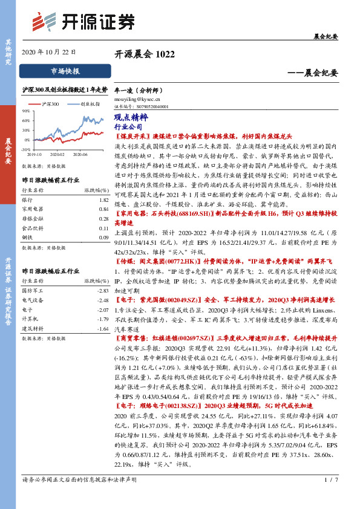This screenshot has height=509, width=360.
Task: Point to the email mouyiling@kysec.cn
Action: coord(137,97)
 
